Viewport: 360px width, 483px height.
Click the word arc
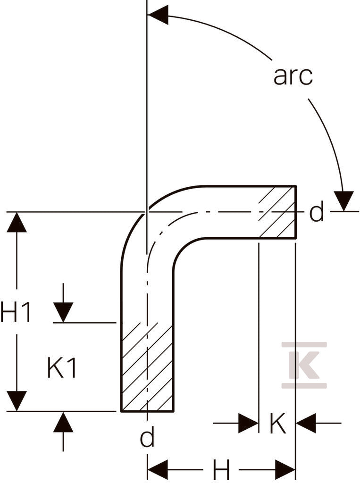pos(293,76)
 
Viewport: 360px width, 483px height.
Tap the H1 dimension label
pos(16,312)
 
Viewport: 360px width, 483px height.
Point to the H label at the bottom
pos(222,470)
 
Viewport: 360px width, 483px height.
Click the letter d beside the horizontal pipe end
pos(317,212)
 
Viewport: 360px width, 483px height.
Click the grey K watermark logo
pos(304,365)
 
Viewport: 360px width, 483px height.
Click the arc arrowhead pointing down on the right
pos(344,201)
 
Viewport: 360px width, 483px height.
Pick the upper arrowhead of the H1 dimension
pos(17,222)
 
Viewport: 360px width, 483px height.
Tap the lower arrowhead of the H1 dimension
pos(17,401)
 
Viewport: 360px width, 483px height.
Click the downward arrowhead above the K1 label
pos(63,312)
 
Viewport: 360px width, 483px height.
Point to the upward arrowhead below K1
pos(63,422)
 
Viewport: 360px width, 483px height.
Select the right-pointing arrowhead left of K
pos(249,423)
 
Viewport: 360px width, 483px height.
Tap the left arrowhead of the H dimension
pos(158,470)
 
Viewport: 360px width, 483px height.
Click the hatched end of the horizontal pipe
pos(277,212)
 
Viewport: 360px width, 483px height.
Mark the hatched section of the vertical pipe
pos(147,366)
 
